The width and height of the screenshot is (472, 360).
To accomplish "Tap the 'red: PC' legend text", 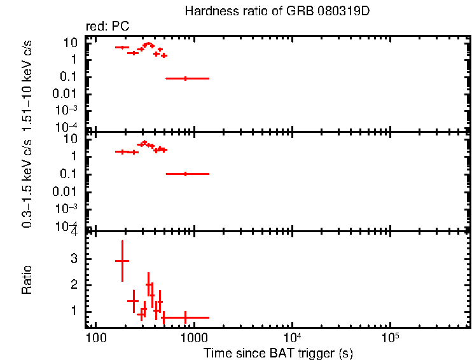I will click(108, 27).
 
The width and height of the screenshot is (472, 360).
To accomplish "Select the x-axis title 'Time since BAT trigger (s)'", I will click(278, 352).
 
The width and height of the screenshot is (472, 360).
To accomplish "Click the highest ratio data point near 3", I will click(121, 261).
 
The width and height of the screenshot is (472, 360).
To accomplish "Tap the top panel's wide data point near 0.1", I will click(186, 78).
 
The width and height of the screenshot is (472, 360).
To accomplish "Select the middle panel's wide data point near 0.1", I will click(186, 174).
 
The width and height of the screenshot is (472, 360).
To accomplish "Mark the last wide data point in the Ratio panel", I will click(186, 317).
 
